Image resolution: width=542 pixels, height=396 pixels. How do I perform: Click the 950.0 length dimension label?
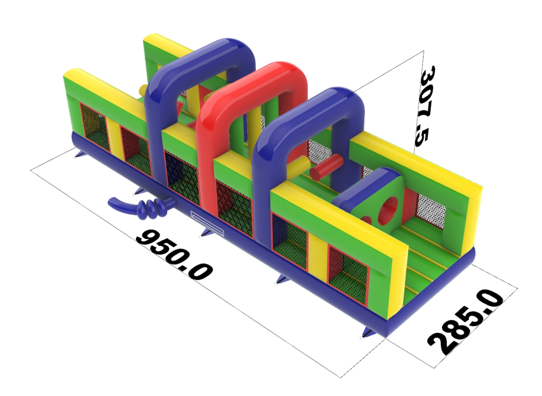point(174,254)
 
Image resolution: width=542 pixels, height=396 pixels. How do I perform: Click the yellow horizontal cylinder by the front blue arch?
point(301,165)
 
